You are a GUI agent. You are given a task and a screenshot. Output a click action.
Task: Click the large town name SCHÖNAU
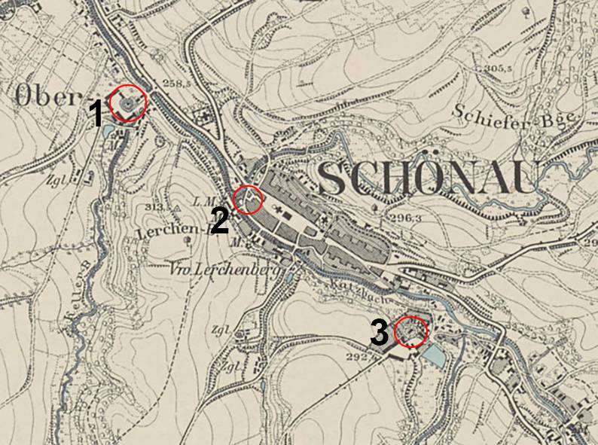[x=426, y=178]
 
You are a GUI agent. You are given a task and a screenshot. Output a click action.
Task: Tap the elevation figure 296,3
[x=406, y=218]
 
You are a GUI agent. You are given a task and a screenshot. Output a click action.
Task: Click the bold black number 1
[x=96, y=114]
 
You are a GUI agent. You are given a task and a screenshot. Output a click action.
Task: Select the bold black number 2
[x=219, y=222]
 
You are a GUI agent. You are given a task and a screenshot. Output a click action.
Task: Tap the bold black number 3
[x=380, y=333]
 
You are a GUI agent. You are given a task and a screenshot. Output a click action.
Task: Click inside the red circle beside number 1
[x=127, y=102]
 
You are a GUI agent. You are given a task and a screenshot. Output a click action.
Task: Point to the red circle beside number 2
[x=248, y=200]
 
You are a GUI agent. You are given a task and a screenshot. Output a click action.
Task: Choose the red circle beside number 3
[x=411, y=331]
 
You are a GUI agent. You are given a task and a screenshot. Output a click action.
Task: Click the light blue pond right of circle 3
[x=434, y=355]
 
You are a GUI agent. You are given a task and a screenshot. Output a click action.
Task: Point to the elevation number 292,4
[x=362, y=357]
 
